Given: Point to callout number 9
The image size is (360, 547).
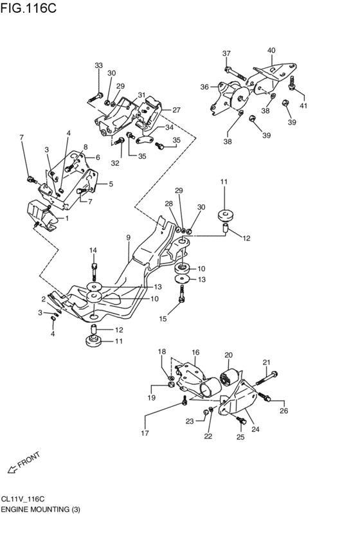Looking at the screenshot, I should pyautogui.click(x=128, y=238).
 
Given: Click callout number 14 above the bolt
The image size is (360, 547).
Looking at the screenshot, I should pyautogui.click(x=93, y=250).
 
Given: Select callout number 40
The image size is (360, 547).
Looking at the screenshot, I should pyautogui.click(x=271, y=50).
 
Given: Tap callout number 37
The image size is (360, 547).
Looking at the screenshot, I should pyautogui.click(x=226, y=53).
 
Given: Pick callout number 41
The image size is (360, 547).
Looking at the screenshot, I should pyautogui.click(x=303, y=105).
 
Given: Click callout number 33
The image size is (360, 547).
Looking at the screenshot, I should pyautogui.click(x=98, y=66).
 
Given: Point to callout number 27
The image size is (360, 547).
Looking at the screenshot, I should pyautogui.click(x=176, y=110).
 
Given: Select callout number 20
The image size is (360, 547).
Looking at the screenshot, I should pyautogui.click(x=228, y=355).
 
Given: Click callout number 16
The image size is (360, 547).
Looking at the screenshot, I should pyautogui.click(x=195, y=352).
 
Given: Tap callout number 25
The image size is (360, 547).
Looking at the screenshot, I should pyautogui.click(x=240, y=437).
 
